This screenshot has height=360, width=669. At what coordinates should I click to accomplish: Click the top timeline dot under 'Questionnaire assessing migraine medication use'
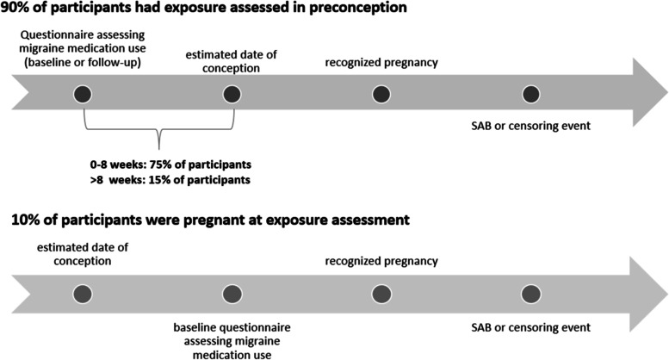tap(83, 94)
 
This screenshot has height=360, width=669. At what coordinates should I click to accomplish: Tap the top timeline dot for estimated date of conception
tap(232, 94)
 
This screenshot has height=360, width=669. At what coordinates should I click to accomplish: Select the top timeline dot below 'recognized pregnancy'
tap(381, 94)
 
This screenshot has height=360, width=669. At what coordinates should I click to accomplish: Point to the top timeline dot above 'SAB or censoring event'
tap(531, 94)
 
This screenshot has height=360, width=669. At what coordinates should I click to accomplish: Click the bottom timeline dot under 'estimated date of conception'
tap(83, 294)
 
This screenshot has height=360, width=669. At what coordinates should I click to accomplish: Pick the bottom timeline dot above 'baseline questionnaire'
tap(232, 294)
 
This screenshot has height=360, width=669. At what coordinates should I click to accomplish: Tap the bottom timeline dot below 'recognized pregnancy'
tap(381, 294)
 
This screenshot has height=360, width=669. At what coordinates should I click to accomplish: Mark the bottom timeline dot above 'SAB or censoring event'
tap(531, 294)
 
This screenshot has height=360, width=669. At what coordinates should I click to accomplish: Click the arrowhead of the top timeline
tap(648, 92)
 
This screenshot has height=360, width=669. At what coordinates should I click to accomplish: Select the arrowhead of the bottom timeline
tap(648, 294)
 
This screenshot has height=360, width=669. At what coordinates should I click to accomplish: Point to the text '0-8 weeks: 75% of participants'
tap(170, 164)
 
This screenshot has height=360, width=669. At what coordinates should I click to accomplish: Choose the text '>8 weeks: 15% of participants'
tap(170, 180)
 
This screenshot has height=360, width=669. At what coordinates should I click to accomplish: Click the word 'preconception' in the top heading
tap(357, 8)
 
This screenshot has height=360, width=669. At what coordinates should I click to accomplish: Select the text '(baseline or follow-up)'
tap(83, 63)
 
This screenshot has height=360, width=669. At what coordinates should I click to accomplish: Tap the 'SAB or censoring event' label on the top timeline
tap(530, 126)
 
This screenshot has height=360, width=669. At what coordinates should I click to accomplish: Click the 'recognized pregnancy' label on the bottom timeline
tap(381, 261)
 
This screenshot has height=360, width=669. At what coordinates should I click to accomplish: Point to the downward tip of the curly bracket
tap(159, 149)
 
